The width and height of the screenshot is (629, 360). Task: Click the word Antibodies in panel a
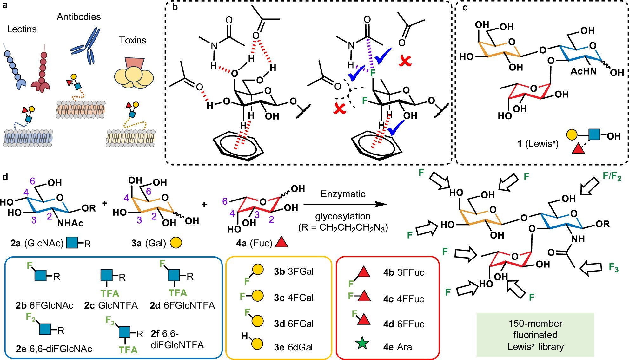79,17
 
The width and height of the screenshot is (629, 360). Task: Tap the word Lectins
22,29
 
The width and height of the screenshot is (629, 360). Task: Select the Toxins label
132,40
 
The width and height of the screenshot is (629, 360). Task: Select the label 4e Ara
397,347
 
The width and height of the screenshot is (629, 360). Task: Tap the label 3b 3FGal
294,272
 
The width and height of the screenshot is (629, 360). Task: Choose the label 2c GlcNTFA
111,305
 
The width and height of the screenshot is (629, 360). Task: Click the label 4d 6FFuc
404,324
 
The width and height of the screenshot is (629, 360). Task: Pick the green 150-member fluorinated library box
535,335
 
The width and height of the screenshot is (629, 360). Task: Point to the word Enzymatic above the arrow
343,194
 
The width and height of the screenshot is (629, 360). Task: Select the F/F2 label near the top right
612,176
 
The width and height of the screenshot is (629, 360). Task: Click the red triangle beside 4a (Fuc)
281,242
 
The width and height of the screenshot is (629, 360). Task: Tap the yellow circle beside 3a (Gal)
176,243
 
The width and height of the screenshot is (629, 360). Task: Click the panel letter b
175,7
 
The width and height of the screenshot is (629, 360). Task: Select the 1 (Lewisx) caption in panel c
538,144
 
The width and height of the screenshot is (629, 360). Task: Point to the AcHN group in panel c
583,71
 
